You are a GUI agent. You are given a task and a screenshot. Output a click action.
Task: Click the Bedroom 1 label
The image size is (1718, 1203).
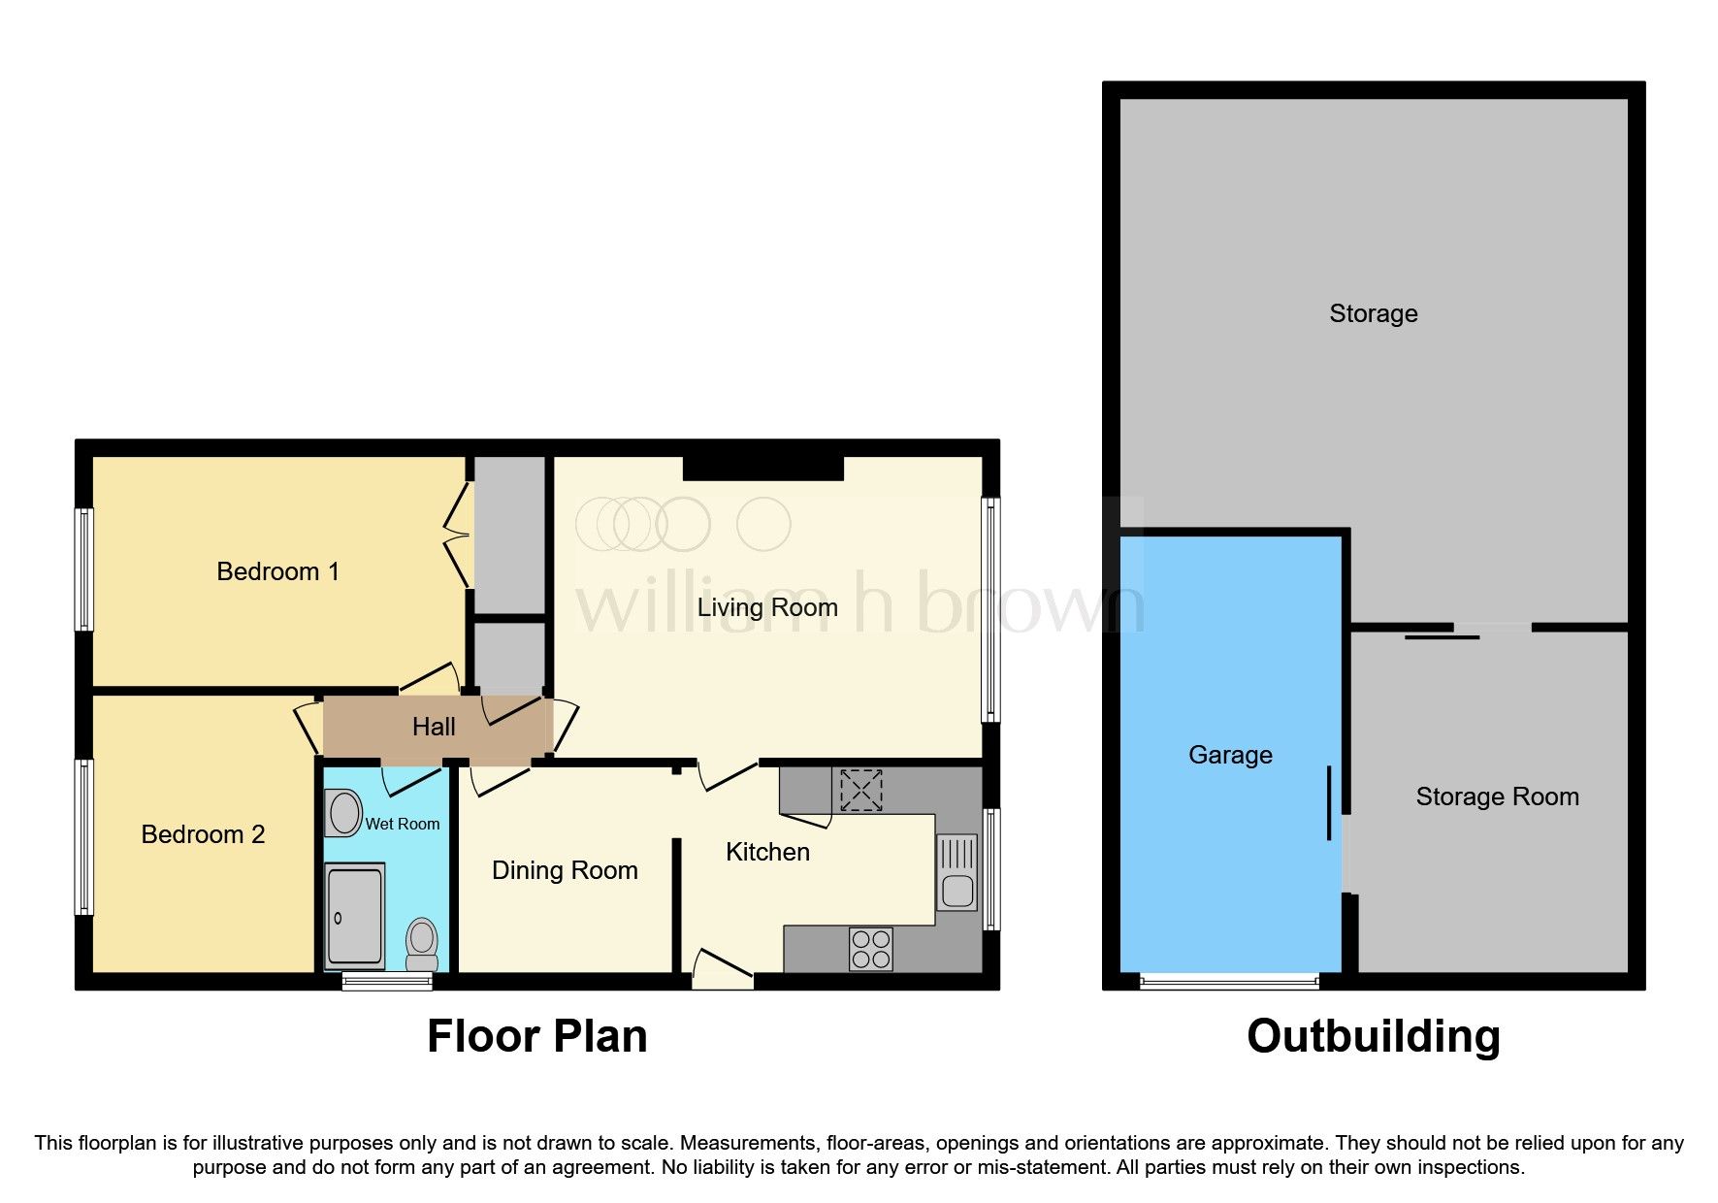tap(277, 571)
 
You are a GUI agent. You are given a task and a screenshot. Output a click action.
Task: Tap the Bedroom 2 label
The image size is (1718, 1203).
tap(203, 834)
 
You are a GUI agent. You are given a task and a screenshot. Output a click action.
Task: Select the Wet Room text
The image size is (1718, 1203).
tap(402, 824)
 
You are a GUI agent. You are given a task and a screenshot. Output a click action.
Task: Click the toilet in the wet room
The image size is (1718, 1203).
tap(421, 943)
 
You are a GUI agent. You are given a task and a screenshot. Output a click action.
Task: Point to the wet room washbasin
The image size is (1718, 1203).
tap(343, 813)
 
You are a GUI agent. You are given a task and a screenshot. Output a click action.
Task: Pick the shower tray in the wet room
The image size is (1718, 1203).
tap(354, 917)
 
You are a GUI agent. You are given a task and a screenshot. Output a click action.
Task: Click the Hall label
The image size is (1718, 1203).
tap(434, 727)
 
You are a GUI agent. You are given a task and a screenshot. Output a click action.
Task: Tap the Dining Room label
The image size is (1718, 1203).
tap(565, 870)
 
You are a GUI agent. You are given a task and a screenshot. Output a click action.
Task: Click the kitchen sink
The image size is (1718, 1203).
tap(956, 873)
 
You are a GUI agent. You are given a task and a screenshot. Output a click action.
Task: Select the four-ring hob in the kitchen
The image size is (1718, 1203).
tap(870, 949)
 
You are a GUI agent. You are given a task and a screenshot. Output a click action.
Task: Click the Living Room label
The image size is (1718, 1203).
tap(767, 607)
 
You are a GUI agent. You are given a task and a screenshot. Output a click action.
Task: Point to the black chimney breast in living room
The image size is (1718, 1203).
tap(762, 469)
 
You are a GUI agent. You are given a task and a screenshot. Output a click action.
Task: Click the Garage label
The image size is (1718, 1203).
tap(1230, 755)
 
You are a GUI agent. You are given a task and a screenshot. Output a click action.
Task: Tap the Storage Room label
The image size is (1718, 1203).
tap(1497, 797)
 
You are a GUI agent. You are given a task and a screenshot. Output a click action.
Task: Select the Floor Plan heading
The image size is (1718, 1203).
tap(536, 1036)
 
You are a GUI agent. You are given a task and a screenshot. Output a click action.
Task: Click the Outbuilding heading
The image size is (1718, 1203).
tap(1373, 1036)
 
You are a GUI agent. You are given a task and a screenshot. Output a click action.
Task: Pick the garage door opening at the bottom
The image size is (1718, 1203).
tap(1228, 982)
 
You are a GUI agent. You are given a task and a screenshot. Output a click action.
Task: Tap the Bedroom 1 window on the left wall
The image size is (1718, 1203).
tap(84, 569)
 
